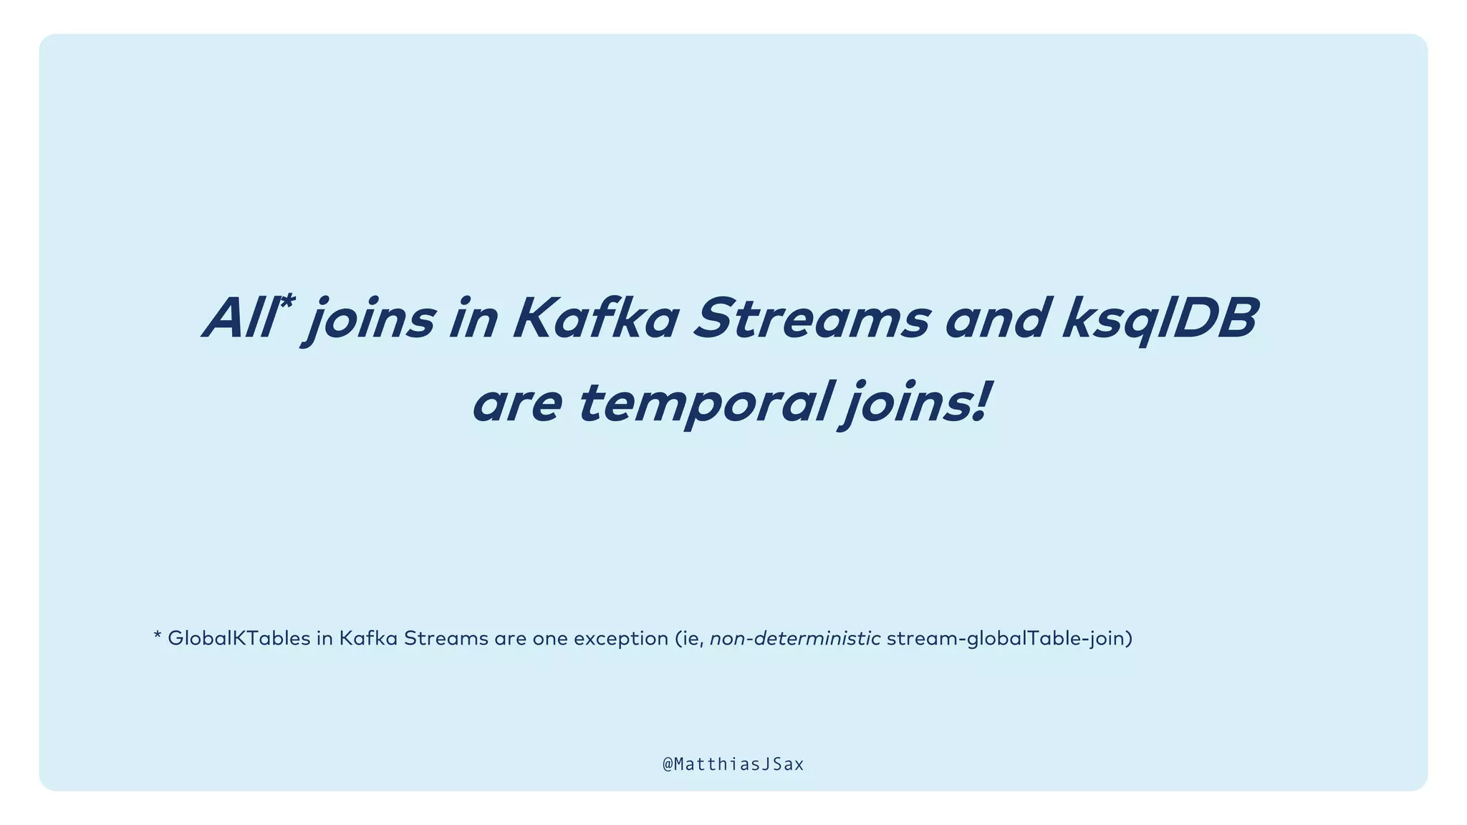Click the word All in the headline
coord(239,318)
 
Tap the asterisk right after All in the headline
coord(286,303)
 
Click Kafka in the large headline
coord(595,318)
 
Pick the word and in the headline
coord(999,318)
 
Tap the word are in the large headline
coord(516,403)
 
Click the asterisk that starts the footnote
coord(158,636)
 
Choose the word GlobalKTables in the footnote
coord(239,638)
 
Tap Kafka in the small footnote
coord(367,638)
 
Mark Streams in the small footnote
coord(446,638)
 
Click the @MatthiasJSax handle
coord(733,765)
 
